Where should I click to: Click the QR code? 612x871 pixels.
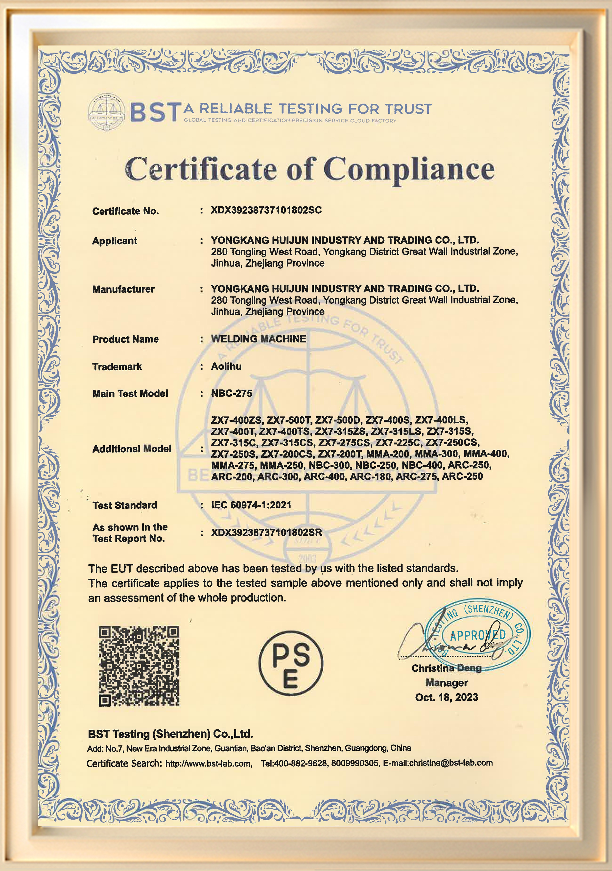139,666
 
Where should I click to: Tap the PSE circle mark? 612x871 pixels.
291,663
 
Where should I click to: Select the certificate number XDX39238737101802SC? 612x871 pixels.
266,210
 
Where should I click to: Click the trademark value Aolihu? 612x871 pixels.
226,367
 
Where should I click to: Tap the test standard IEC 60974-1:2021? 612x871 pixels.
251,505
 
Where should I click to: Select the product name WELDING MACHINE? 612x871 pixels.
259,339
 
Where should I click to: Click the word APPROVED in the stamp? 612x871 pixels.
478,635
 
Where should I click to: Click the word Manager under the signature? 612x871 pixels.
447,683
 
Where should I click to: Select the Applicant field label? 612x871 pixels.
115,241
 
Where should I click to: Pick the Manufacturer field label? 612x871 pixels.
123,289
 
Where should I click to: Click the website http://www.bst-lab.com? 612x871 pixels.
208,763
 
